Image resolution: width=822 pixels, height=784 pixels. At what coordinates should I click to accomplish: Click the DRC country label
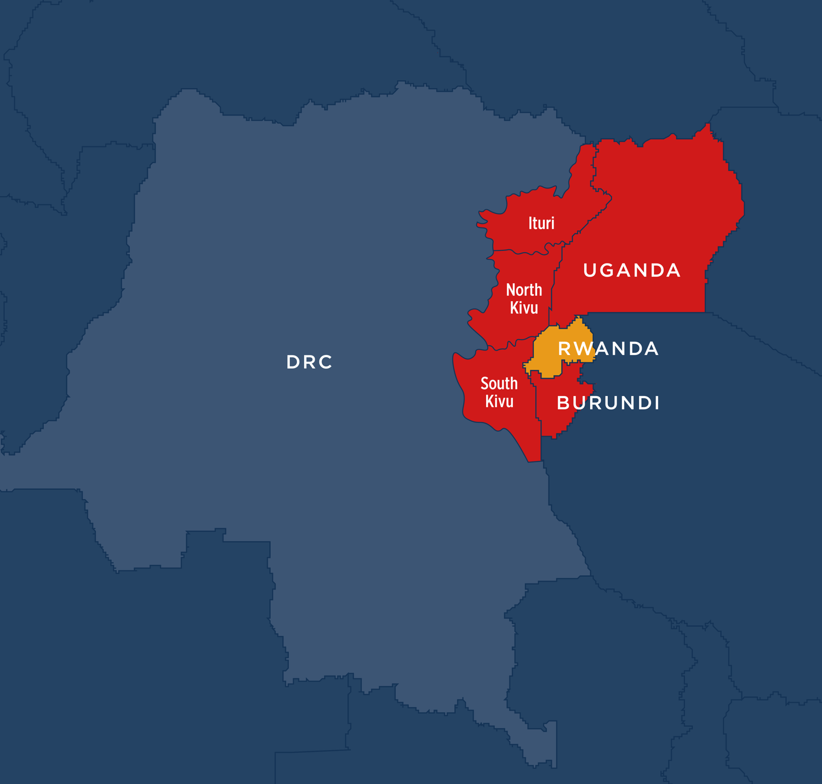310,362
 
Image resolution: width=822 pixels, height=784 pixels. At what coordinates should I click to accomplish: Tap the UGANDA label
632,270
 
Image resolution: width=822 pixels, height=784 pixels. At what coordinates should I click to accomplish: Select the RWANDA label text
608,348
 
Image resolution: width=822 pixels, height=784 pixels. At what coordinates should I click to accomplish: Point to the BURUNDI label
608,403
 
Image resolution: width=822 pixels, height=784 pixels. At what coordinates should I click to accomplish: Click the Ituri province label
541,223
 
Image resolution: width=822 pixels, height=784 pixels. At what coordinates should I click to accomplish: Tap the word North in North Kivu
524,290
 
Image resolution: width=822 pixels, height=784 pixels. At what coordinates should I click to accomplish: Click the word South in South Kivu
499,384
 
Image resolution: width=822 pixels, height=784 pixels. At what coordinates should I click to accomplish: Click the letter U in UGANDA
590,270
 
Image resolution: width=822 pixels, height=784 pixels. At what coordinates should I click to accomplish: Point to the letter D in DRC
293,362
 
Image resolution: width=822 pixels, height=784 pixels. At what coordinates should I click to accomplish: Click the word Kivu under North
524,308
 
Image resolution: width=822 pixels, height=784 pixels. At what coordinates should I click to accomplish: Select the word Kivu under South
499,402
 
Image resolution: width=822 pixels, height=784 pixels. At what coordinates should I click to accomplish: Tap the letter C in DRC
326,362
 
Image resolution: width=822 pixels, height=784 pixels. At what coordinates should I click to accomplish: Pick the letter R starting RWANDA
564,348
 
